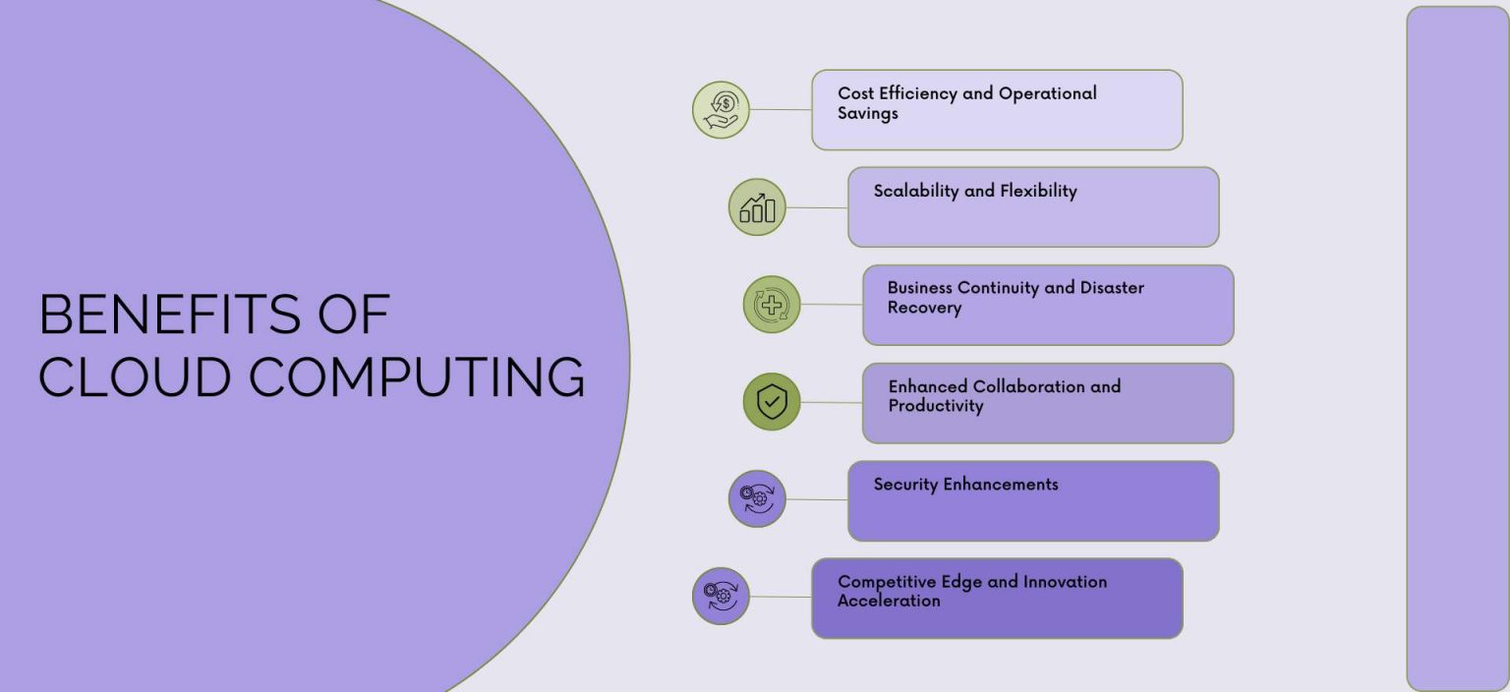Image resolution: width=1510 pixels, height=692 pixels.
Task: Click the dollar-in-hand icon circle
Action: coord(721,110)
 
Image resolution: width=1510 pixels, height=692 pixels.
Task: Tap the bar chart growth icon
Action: coord(757,207)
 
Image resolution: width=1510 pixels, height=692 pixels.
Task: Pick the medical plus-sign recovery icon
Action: coord(772,305)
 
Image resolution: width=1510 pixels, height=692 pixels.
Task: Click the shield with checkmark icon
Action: coord(772,402)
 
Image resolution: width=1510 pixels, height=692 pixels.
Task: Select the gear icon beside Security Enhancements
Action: coord(757,498)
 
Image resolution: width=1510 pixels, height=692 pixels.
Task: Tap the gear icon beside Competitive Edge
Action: coord(721,596)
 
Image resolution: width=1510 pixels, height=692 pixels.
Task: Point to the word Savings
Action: coord(868,114)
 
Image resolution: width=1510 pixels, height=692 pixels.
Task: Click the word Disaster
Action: coord(1112,288)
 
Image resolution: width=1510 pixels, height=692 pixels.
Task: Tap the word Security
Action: coord(905,484)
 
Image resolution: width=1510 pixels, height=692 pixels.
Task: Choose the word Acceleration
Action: coord(889,601)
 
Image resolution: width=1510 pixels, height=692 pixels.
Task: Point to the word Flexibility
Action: coord(1038,191)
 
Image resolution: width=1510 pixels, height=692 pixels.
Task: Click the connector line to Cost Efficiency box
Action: coord(782,110)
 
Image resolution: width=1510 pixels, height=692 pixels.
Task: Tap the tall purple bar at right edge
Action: coord(1457,348)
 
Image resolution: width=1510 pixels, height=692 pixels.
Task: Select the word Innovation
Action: coord(1065,582)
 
